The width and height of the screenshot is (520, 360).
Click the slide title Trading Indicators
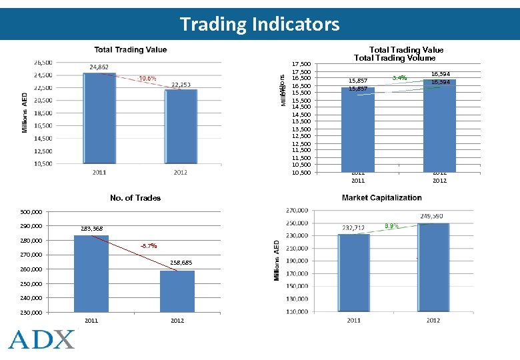pyautogui.click(x=259, y=25)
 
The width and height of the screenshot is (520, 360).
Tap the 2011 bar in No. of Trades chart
pyautogui.click(x=91, y=273)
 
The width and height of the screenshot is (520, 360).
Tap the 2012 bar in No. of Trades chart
pyautogui.click(x=177, y=291)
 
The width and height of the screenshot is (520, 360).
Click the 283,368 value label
pyautogui.click(x=92, y=229)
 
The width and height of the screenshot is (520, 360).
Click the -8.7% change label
pyautogui.click(x=148, y=246)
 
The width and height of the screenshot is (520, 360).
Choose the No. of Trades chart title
pyautogui.click(x=135, y=197)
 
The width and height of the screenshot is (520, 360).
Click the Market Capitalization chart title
pyautogui.click(x=381, y=197)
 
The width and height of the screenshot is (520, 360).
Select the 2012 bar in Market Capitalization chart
pyautogui.click(x=434, y=267)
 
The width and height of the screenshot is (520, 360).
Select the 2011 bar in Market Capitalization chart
pyautogui.click(x=353, y=273)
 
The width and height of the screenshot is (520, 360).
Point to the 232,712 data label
pyautogui.click(x=353, y=228)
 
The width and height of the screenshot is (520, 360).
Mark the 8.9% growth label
pyautogui.click(x=391, y=226)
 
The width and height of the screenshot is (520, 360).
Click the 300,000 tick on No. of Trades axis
pyautogui.click(x=31, y=212)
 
